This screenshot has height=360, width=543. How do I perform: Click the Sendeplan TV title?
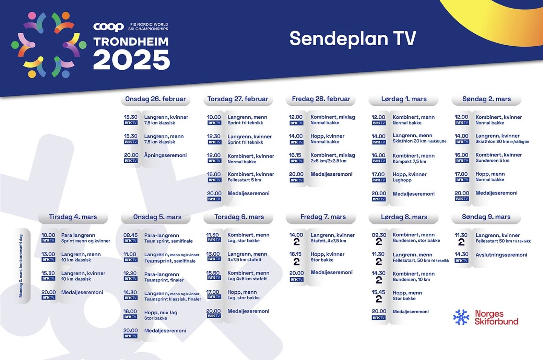pyautogui.click(x=353, y=38)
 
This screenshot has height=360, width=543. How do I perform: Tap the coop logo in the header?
pyautogui.click(x=108, y=27)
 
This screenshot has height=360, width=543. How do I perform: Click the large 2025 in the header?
pyautogui.click(x=132, y=60)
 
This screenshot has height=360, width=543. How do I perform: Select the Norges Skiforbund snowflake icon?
pyautogui.click(x=461, y=317)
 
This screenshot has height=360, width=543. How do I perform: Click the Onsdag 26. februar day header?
pyautogui.click(x=155, y=99)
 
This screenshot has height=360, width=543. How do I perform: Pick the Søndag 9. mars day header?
pyautogui.click(x=486, y=217)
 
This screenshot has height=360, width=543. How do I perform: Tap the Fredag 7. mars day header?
pyautogui.click(x=323, y=217)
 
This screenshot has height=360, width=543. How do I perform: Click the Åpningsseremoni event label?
pyautogui.click(x=165, y=155)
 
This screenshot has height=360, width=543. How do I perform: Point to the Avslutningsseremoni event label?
pyautogui.click(x=501, y=254)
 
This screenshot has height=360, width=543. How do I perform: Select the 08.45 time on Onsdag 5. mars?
pyautogui.click(x=130, y=235)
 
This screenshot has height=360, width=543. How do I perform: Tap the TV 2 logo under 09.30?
pyautogui.click(x=379, y=242)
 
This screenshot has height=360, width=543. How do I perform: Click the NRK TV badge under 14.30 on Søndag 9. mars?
pyautogui.click(x=461, y=260)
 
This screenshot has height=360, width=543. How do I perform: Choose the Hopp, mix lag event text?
pyautogui.click(x=161, y=312)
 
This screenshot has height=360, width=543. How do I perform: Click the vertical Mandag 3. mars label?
pyautogui.click(x=21, y=266)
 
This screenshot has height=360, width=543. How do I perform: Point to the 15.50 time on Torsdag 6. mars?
pyautogui.click(x=213, y=273)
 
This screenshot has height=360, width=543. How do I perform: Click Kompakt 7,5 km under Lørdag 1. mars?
pyautogui.click(x=409, y=161)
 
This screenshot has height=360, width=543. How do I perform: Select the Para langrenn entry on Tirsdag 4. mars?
pyautogui.click(x=78, y=235)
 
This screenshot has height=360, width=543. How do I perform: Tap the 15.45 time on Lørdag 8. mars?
pyautogui.click(x=379, y=292)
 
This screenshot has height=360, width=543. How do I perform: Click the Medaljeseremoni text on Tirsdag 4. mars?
pyautogui.click(x=82, y=292)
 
